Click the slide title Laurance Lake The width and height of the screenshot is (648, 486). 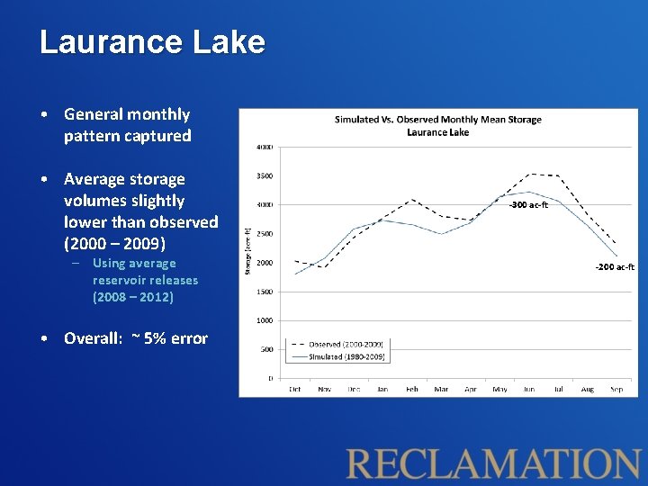[152, 42]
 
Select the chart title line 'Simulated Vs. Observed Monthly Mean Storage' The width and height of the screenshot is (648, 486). [438, 119]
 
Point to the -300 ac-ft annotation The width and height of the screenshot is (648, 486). [528, 205]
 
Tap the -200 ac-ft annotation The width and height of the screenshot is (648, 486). [615, 267]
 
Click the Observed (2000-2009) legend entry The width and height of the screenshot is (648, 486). [346, 345]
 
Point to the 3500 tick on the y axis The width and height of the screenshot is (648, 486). [265, 176]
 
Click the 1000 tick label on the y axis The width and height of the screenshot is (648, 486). [265, 320]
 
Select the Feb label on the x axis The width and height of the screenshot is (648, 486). [411, 389]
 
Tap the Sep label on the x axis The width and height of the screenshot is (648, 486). [616, 389]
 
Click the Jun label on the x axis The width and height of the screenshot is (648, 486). [529, 389]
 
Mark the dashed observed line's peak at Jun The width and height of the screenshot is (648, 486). [531, 174]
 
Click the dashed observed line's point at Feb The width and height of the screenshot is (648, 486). [411, 200]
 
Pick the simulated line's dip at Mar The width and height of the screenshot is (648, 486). [441, 234]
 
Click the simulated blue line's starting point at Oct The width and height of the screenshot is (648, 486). [295, 274]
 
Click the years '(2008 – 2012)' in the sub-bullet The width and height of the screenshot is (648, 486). [133, 296]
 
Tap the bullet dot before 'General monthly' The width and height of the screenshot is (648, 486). [44, 115]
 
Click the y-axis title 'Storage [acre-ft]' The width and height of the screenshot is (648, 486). [248, 250]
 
